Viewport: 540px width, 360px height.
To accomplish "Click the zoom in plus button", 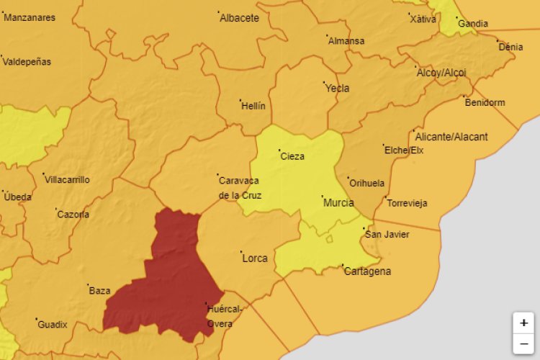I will [523, 323].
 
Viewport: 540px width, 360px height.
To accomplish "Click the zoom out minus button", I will [523, 344].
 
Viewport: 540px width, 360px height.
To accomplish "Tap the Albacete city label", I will [239, 18].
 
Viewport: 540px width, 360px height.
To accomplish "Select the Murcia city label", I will [338, 202].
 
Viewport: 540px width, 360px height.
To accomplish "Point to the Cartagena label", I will [367, 271].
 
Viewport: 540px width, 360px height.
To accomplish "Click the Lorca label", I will [255, 258].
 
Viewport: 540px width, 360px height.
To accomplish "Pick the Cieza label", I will [292, 156].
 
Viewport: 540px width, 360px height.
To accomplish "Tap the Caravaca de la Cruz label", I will [240, 188].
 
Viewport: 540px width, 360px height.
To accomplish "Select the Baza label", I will [99, 291].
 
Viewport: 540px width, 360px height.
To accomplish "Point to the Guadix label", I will [52, 325].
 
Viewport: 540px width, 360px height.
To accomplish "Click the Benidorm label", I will [485, 102].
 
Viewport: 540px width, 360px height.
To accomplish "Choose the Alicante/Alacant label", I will [451, 137].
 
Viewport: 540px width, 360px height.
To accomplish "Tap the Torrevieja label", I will [407, 203].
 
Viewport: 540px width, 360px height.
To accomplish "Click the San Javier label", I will [387, 234].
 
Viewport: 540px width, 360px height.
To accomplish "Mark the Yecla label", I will [337, 89].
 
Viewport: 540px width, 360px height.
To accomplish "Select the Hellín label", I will [253, 106].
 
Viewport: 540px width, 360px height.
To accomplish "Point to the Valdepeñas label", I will [27, 62].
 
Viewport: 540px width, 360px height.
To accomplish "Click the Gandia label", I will [472, 24].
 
